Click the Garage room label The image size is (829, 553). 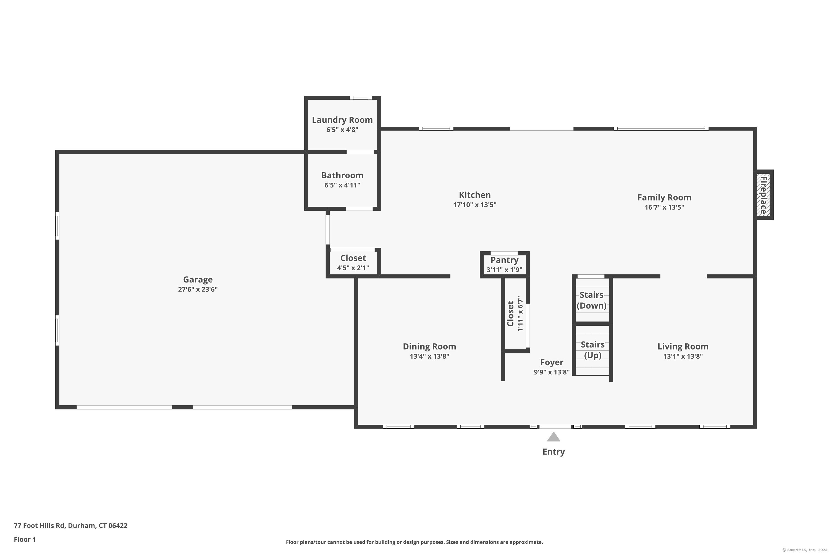pyautogui.click(x=198, y=280)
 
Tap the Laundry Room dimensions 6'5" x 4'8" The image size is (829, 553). pyautogui.click(x=342, y=130)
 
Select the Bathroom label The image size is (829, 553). pyautogui.click(x=342, y=175)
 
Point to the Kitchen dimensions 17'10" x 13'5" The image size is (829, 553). pyautogui.click(x=475, y=205)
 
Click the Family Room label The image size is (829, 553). pyautogui.click(x=664, y=197)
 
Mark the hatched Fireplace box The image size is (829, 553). pyautogui.click(x=764, y=195)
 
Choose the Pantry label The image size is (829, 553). pyautogui.click(x=504, y=260)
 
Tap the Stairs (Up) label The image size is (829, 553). pyautogui.click(x=592, y=350)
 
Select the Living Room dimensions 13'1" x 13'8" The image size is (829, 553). pyautogui.click(x=683, y=356)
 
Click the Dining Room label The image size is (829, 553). pyautogui.click(x=429, y=346)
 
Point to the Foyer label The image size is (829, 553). pyautogui.click(x=552, y=362)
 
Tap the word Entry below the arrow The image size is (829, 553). pyautogui.click(x=553, y=452)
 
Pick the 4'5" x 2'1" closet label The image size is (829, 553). pyautogui.click(x=353, y=268)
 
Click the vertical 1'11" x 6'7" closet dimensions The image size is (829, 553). pyautogui.click(x=520, y=314)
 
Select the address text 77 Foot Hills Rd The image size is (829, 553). pyautogui.click(x=40, y=526)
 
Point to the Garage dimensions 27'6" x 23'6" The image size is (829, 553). pyautogui.click(x=198, y=289)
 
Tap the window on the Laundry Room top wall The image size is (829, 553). pyautogui.click(x=360, y=98)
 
